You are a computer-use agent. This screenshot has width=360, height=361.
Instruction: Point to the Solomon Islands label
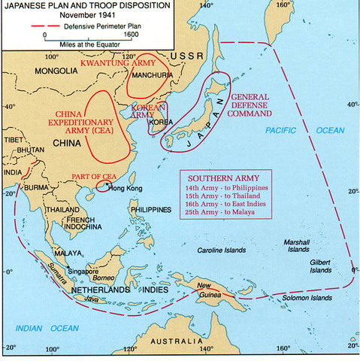[x=305, y=299]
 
